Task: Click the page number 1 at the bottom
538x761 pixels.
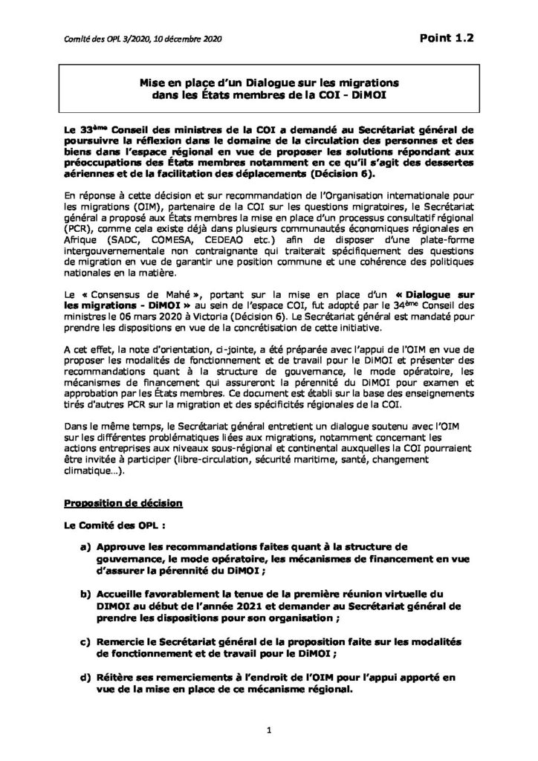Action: pos(269,731)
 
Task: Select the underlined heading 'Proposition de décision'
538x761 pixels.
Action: pos(123,502)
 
